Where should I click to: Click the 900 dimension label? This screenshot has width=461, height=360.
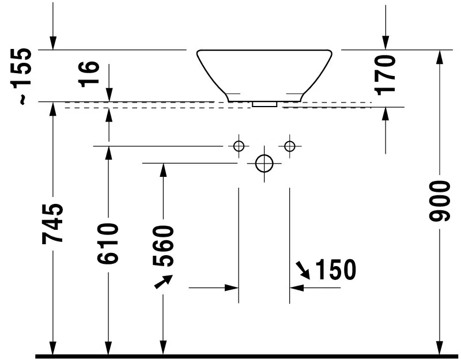(440, 201)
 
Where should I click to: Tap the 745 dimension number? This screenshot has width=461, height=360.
(52, 223)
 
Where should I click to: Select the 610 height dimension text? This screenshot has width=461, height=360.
(108, 243)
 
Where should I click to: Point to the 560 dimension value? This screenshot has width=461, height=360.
(163, 246)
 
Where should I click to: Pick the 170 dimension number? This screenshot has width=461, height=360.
(385, 74)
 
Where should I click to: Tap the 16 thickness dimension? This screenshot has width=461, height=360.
(90, 74)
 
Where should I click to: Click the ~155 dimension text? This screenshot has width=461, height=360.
(23, 77)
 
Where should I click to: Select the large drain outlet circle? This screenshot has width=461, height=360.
(264, 164)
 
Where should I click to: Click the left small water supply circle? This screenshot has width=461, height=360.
(239, 146)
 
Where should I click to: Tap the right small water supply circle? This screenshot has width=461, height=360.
(289, 146)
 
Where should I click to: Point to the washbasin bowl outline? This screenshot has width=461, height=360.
(264, 72)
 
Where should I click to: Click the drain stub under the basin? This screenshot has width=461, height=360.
(264, 105)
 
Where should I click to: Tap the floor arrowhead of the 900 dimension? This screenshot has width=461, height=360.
(440, 348)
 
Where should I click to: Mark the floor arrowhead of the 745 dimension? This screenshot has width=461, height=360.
(52, 348)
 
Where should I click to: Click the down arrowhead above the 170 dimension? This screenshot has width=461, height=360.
(385, 43)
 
